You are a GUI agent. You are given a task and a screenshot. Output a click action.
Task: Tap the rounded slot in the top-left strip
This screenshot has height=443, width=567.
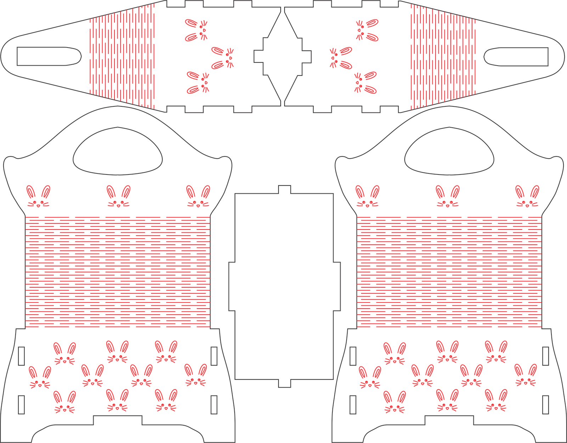click(48, 57)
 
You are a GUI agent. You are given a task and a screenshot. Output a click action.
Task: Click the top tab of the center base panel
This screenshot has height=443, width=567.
click(285, 189)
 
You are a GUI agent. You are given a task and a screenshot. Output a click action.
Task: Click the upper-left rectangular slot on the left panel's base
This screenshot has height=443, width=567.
click(21, 353)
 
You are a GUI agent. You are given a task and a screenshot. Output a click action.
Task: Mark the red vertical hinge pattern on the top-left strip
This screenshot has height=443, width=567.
click(122, 57)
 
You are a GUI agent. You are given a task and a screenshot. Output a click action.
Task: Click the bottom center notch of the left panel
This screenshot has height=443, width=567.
click(118, 420)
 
